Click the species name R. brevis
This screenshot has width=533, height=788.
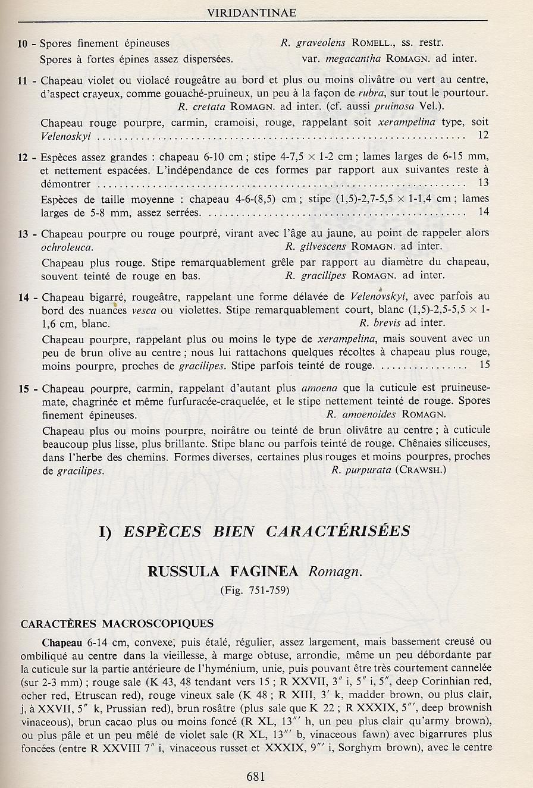point(381,323)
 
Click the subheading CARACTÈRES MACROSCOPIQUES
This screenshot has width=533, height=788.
point(117,624)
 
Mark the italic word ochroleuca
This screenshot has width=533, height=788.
point(67,247)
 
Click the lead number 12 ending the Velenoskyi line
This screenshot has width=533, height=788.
point(482,136)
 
